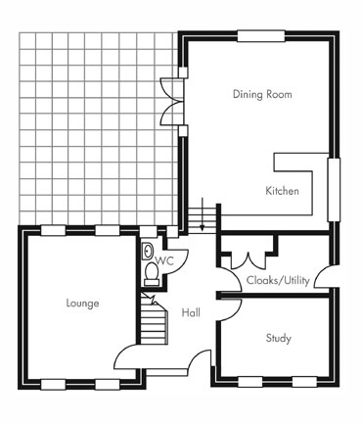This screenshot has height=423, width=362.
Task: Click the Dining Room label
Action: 262,94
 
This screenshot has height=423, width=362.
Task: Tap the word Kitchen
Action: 282,191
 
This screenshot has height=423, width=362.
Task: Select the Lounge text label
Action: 82,304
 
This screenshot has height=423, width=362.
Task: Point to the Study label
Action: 278,338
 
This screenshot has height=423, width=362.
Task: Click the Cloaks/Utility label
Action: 278,280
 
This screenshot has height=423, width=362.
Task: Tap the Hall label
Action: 191,312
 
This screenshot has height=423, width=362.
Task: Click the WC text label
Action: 164,261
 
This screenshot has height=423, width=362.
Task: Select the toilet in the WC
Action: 152,274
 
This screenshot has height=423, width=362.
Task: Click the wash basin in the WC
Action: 148,251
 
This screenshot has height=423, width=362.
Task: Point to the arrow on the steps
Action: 203,213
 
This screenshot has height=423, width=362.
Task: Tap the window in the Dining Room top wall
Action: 261,36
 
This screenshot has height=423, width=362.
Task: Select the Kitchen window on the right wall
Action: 334,190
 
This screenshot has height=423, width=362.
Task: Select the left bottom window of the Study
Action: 250,382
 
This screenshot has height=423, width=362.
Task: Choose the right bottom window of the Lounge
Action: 107,384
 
